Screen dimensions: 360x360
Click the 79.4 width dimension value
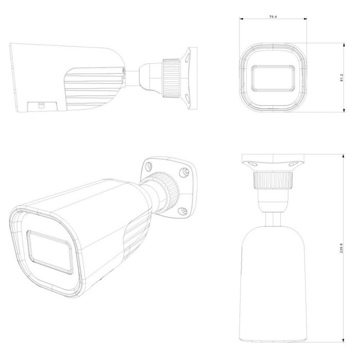pyautogui.click(x=273, y=17)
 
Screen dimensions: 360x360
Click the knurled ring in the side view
pyautogui.click(x=171, y=79)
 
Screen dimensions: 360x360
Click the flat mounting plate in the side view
pyautogui.click(x=192, y=78)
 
